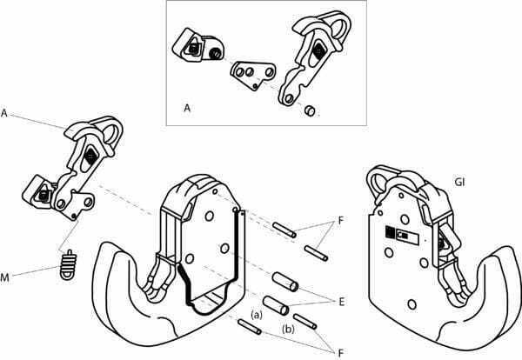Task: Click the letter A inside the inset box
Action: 187,108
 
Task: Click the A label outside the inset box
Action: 4,113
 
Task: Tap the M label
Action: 4,277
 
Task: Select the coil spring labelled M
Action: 68,265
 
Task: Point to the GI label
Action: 459,183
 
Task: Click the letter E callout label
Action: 341,302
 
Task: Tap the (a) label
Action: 257,315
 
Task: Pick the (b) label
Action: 288,330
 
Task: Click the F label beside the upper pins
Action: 340,220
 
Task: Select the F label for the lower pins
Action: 340,353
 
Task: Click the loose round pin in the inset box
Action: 310,110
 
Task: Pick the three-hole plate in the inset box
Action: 253,75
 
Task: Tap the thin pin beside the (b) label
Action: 305,322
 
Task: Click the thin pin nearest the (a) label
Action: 250,326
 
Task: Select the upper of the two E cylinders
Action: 285,282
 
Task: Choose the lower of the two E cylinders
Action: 276,305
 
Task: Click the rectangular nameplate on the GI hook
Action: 401,232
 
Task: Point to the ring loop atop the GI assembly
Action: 378,183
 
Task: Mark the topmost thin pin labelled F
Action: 284,230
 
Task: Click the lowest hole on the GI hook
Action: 412,304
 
